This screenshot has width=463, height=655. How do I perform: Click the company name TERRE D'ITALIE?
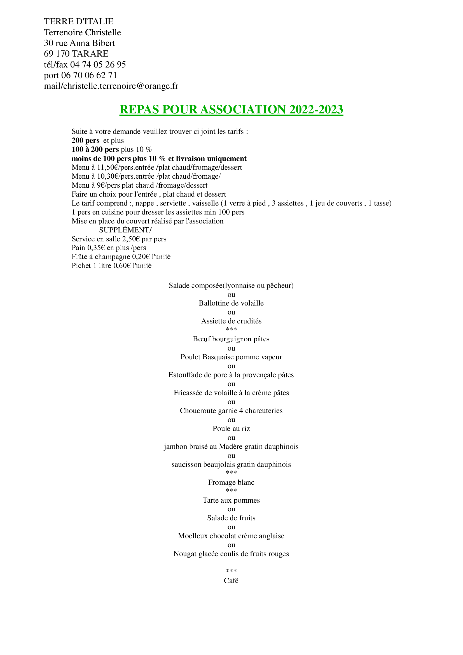point(78,21)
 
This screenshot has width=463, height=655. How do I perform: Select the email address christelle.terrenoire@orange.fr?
point(121,86)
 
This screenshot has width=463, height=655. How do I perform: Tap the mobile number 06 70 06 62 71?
point(89,75)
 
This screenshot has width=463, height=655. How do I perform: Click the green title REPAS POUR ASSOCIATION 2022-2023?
point(231,109)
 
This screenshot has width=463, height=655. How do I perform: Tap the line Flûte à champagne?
point(121,257)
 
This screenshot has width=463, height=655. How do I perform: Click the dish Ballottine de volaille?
point(231,303)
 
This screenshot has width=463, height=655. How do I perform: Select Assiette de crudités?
point(231,321)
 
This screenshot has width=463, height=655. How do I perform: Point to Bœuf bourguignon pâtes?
point(231,339)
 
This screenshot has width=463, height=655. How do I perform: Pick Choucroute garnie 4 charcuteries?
point(231,411)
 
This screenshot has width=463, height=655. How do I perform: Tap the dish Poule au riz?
point(231,429)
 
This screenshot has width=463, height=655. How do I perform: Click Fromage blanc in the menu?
point(231,482)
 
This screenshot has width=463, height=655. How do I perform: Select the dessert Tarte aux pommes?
point(231,500)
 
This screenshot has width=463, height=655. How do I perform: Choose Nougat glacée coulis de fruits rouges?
point(231,554)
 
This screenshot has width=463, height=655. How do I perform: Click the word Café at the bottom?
point(231,581)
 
